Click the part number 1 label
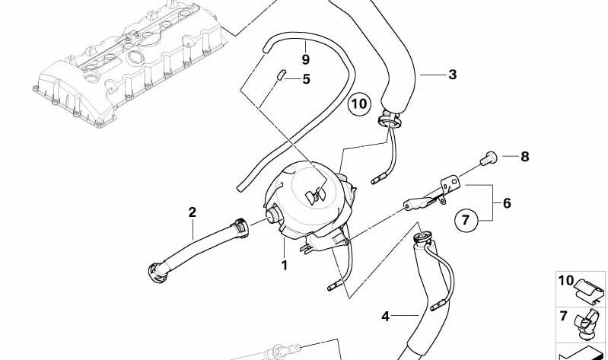284,265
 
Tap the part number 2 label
193,212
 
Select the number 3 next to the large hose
452,75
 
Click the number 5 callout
306,78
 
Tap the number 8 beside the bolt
524,158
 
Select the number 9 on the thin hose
304,59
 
